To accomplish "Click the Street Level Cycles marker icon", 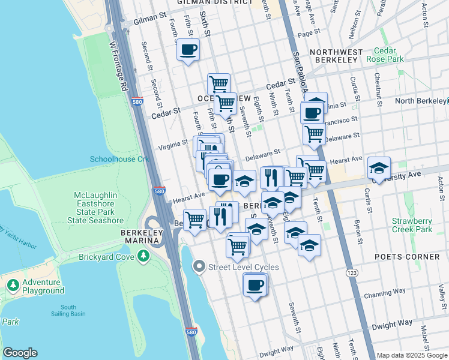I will tap(199, 266).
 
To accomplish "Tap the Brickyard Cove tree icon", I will tap(143, 257).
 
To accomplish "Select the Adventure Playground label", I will tap(43, 287).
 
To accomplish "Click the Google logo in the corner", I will tap(20, 353).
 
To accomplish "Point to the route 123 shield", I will tap(350, 272).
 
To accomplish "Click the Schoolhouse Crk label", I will tap(119, 159).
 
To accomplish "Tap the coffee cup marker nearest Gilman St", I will tap(188, 50).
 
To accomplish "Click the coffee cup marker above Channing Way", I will tap(255, 285).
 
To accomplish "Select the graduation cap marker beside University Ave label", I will tap(379, 167).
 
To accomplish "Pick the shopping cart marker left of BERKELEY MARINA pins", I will tap(194, 220).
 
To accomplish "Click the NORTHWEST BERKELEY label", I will tap(337, 56).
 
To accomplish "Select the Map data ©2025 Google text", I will tap(411, 355).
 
